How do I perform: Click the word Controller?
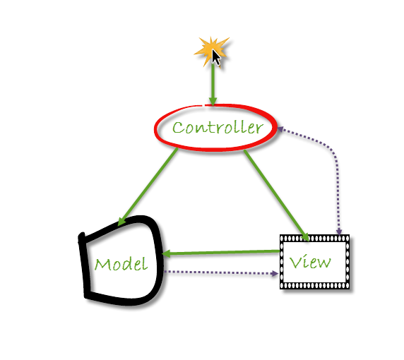pos(218,128)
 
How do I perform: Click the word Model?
pos(121,264)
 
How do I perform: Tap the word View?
pos(310,262)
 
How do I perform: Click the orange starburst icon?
pos(211,51)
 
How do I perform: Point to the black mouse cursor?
pos(216,57)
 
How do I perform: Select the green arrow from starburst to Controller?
pos(213,84)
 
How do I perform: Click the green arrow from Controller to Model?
pos(148,187)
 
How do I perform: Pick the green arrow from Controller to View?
pos(276,196)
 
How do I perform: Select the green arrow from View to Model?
pos(221,253)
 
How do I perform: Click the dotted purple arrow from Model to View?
pos(221,272)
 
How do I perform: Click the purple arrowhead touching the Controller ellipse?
pos(280,128)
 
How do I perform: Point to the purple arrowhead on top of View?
pos(339,232)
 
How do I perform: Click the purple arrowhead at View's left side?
pos(275,273)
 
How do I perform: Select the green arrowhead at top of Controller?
pos(213,102)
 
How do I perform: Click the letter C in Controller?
pos(178,128)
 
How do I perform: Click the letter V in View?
pos(295,262)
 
